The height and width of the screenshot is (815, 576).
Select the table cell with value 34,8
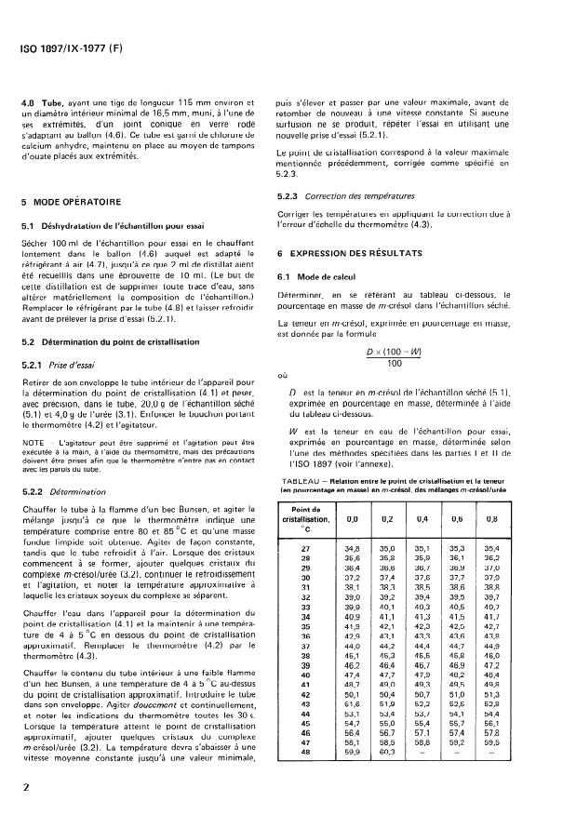[x=353, y=551]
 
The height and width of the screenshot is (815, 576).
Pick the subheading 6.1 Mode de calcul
[x=322, y=277]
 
